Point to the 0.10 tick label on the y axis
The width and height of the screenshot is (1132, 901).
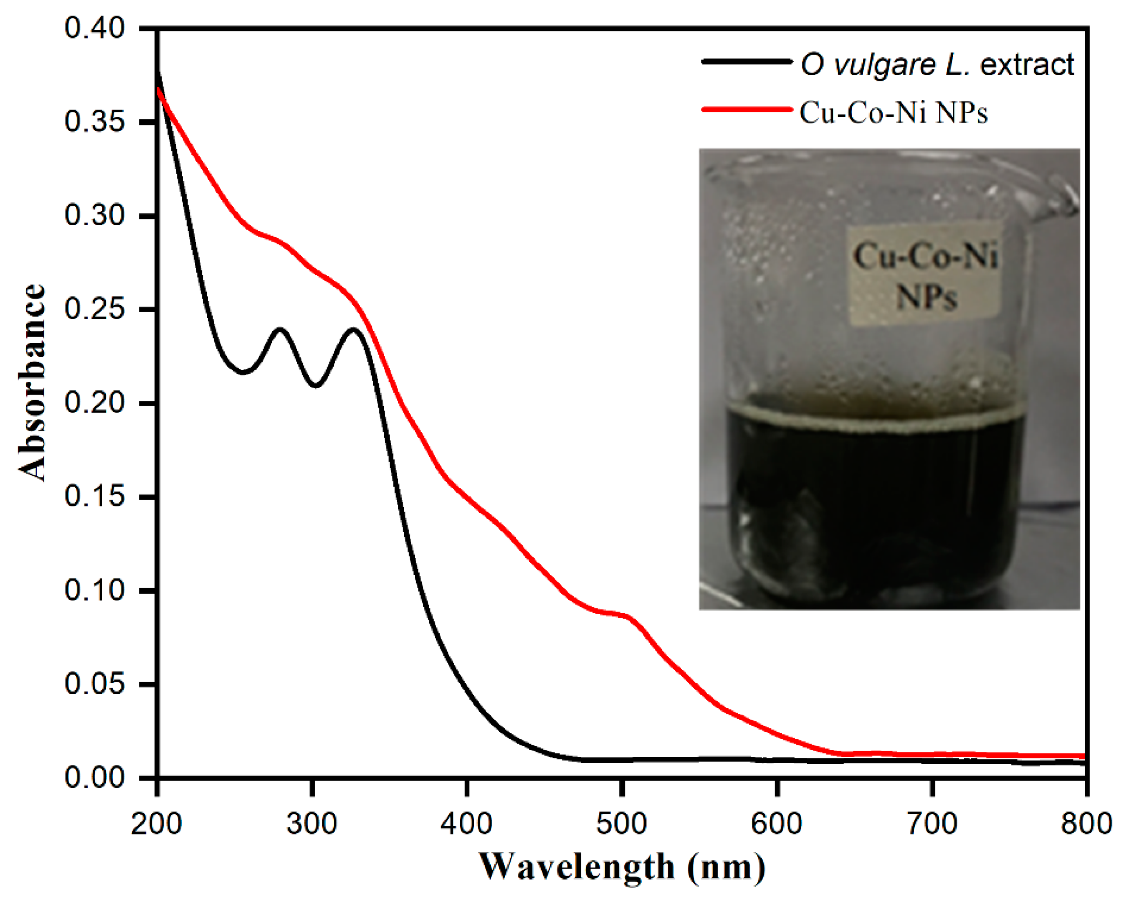(x=94, y=590)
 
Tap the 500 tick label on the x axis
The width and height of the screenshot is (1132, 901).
(x=621, y=823)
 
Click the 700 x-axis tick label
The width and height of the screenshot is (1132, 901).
(x=932, y=823)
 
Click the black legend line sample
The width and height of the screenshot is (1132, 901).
(x=746, y=62)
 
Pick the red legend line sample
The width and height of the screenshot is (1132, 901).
(x=746, y=109)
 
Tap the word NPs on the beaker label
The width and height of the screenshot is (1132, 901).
(x=927, y=297)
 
